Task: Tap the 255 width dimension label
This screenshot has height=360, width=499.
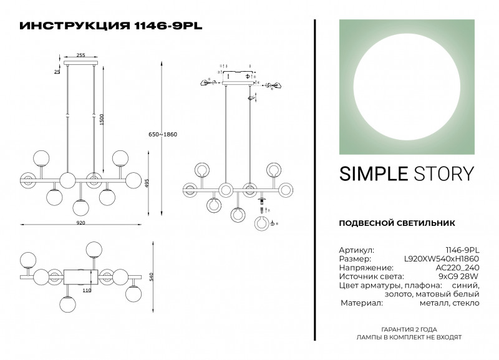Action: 81,55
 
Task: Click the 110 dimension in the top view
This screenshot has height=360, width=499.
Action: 87,291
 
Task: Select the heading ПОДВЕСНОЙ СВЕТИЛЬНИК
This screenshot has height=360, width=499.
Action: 397,223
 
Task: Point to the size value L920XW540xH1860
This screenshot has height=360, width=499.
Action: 442,258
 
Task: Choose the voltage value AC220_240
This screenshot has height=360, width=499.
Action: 457,267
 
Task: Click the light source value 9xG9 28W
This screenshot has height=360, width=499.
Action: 459,276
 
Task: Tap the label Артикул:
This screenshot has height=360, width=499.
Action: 356,249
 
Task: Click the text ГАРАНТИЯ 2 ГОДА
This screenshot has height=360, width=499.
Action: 409,329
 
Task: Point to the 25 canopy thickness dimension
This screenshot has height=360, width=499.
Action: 57,72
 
